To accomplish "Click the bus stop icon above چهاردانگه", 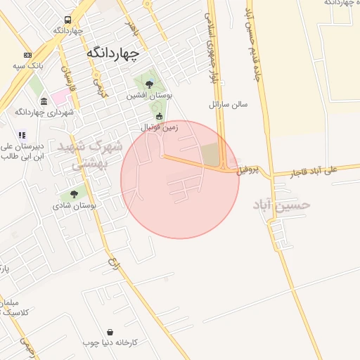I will point(67,20).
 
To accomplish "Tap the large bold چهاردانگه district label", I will point(112,53).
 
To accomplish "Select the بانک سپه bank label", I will point(27,66).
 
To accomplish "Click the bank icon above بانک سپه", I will point(27,55).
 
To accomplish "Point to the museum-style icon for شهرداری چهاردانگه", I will point(44,101).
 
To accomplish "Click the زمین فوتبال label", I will point(160,127).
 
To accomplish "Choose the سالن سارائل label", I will point(229,104).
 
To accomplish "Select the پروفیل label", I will point(247,170).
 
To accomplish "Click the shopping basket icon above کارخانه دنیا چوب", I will point(110,332).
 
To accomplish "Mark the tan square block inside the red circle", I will point(210,155).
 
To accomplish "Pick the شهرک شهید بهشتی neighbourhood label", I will point(98,155).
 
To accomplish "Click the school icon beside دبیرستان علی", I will point(22,135).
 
